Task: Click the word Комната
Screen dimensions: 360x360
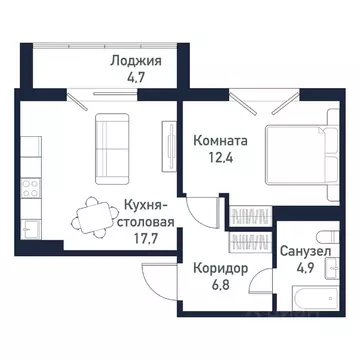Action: tap(221, 142)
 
